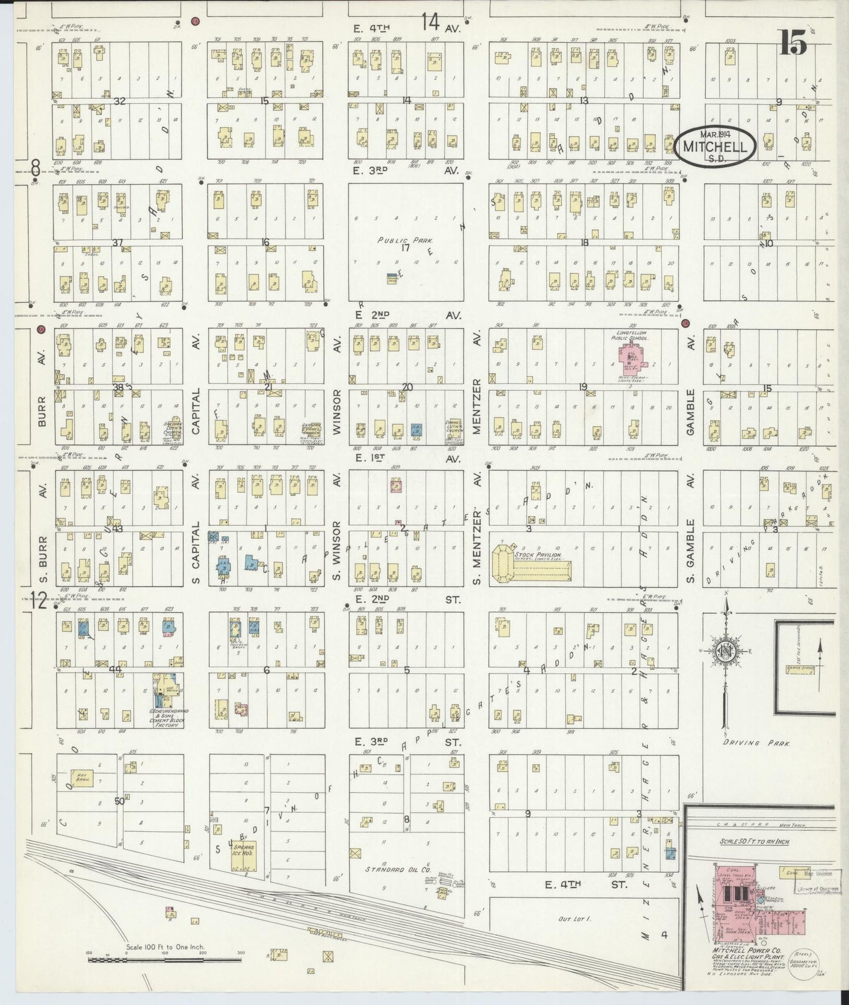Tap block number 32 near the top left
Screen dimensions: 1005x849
pos(119,101)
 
